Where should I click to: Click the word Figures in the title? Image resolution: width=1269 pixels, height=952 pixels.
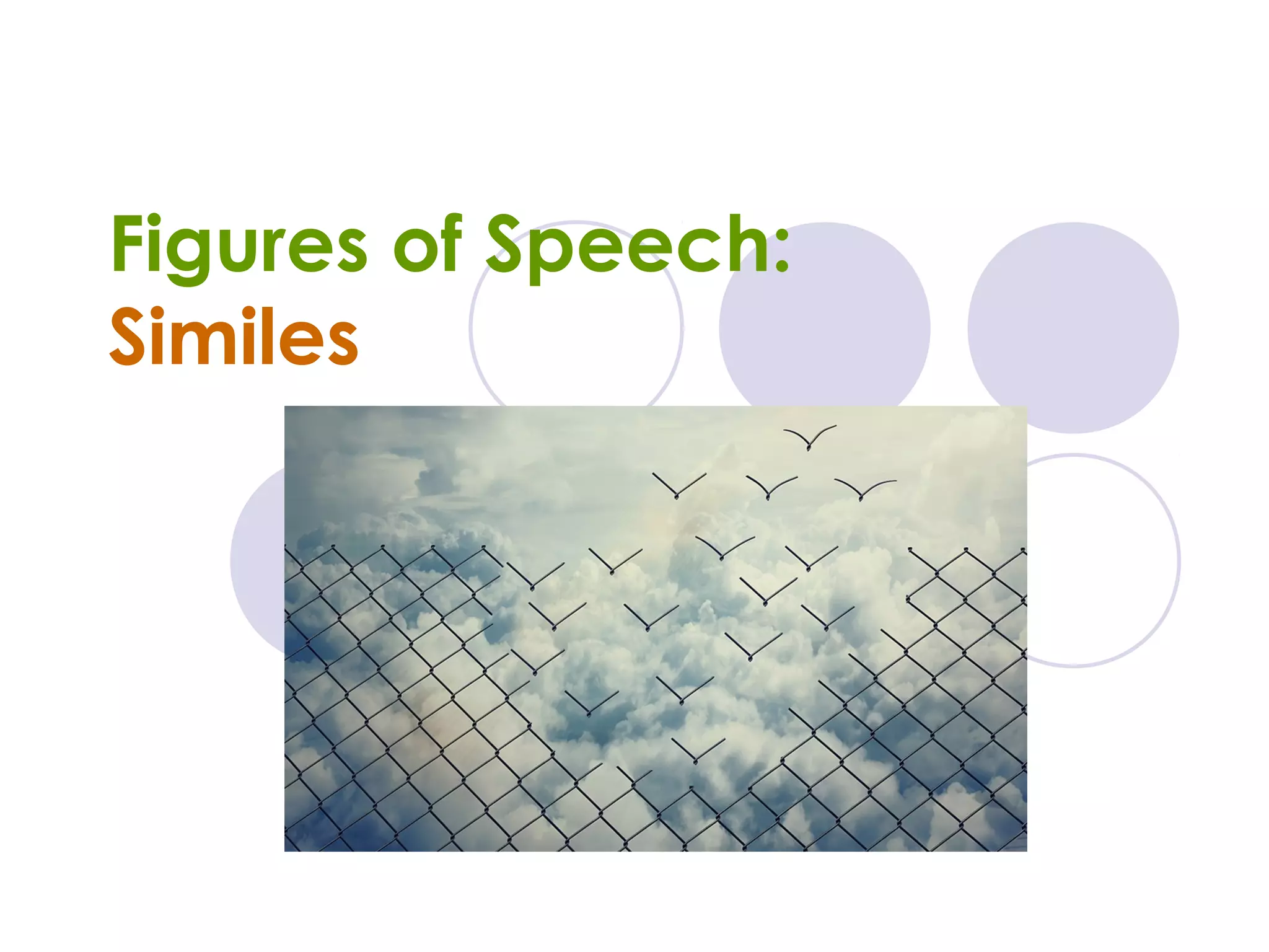239,245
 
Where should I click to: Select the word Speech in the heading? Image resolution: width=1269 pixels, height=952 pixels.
626,245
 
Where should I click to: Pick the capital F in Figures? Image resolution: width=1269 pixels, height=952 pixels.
128,243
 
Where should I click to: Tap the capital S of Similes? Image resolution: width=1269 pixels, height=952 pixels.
128,337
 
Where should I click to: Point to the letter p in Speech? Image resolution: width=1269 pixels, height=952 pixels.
545,254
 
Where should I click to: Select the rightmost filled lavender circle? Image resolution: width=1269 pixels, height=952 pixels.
1073,327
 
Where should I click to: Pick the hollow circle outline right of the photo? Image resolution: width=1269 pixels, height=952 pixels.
1103,561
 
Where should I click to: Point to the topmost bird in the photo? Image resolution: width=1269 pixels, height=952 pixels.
809,438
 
